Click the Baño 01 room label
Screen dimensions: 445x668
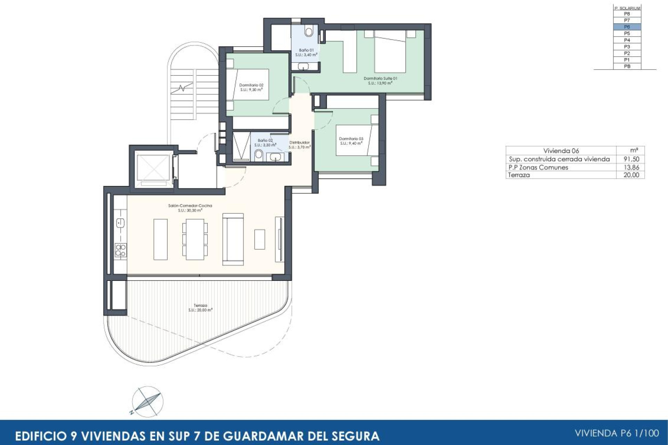pos(306,52)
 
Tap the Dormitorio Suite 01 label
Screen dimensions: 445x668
pos(380,81)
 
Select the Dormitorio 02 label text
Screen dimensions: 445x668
pos(251,87)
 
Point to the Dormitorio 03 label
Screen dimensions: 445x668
pos(351,141)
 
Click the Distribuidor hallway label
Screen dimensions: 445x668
pos(299,145)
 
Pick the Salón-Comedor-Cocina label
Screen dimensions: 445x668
pos(190,208)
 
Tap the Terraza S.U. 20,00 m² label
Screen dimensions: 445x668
pos(200,308)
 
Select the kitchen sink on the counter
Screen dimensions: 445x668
pos(120,223)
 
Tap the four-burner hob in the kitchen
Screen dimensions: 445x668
pos(121,250)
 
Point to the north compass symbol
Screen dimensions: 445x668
pos(148,402)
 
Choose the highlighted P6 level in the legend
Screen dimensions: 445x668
pos(627,27)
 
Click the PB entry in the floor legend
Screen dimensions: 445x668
pos(627,66)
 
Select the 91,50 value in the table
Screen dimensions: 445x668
pos(631,159)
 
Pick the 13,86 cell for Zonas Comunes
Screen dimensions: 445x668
pos(631,167)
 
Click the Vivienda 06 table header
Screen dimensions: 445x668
pos(561,151)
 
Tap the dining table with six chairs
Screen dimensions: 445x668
pos(195,239)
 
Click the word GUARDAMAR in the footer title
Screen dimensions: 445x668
pos(265,436)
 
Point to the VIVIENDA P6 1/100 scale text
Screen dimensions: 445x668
pos(617,433)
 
